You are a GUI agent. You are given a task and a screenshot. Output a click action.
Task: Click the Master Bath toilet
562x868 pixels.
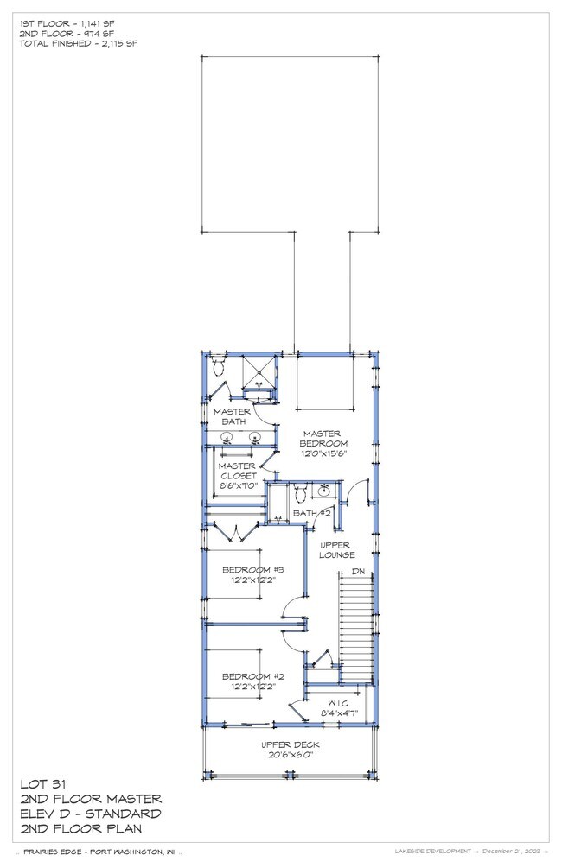pos(218,368)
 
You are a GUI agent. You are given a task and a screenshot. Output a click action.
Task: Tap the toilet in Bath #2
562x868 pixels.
pos(300,494)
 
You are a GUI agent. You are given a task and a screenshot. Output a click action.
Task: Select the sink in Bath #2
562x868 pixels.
pos(324,493)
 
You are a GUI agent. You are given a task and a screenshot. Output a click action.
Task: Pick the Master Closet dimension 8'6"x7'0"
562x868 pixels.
pos(237,486)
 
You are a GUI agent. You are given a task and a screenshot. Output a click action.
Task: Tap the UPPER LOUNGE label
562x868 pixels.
pos(337,550)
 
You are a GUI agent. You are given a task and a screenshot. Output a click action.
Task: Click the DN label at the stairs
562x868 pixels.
pos(357,573)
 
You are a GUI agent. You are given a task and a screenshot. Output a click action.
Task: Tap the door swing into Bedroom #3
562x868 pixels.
pos(294,609)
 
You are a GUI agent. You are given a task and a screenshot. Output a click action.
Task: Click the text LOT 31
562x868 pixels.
pos(40,784)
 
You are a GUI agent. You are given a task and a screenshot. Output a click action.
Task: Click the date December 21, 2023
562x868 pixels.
pos(512,851)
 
